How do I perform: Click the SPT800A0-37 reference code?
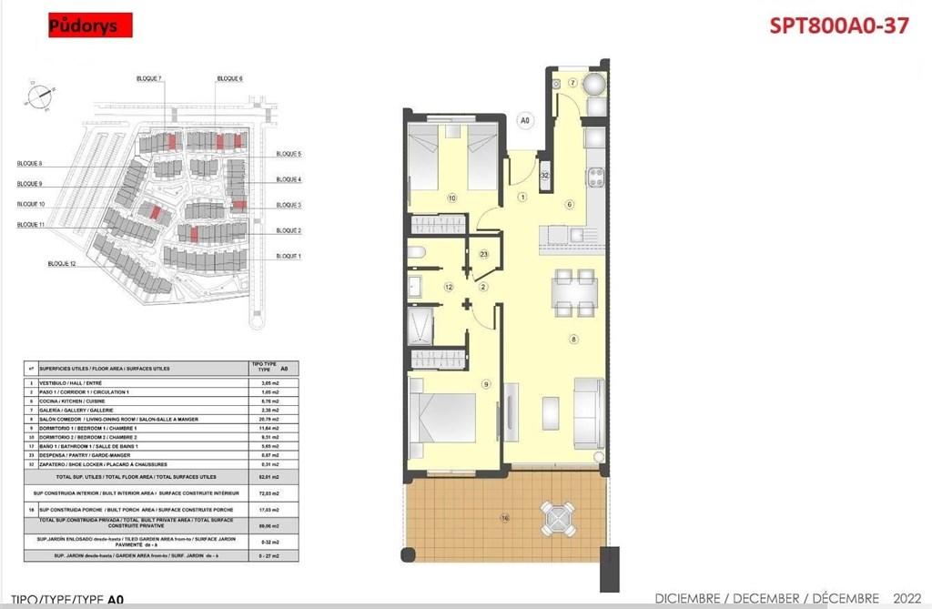point(838,25)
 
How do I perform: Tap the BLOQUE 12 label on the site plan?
point(62,263)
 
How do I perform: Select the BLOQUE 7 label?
point(147,79)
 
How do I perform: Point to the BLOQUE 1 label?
point(288,256)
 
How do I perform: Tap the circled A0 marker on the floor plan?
point(524,119)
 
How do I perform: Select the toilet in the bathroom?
point(414,253)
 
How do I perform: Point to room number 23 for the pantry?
point(484,255)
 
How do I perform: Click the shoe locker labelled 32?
point(544,176)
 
